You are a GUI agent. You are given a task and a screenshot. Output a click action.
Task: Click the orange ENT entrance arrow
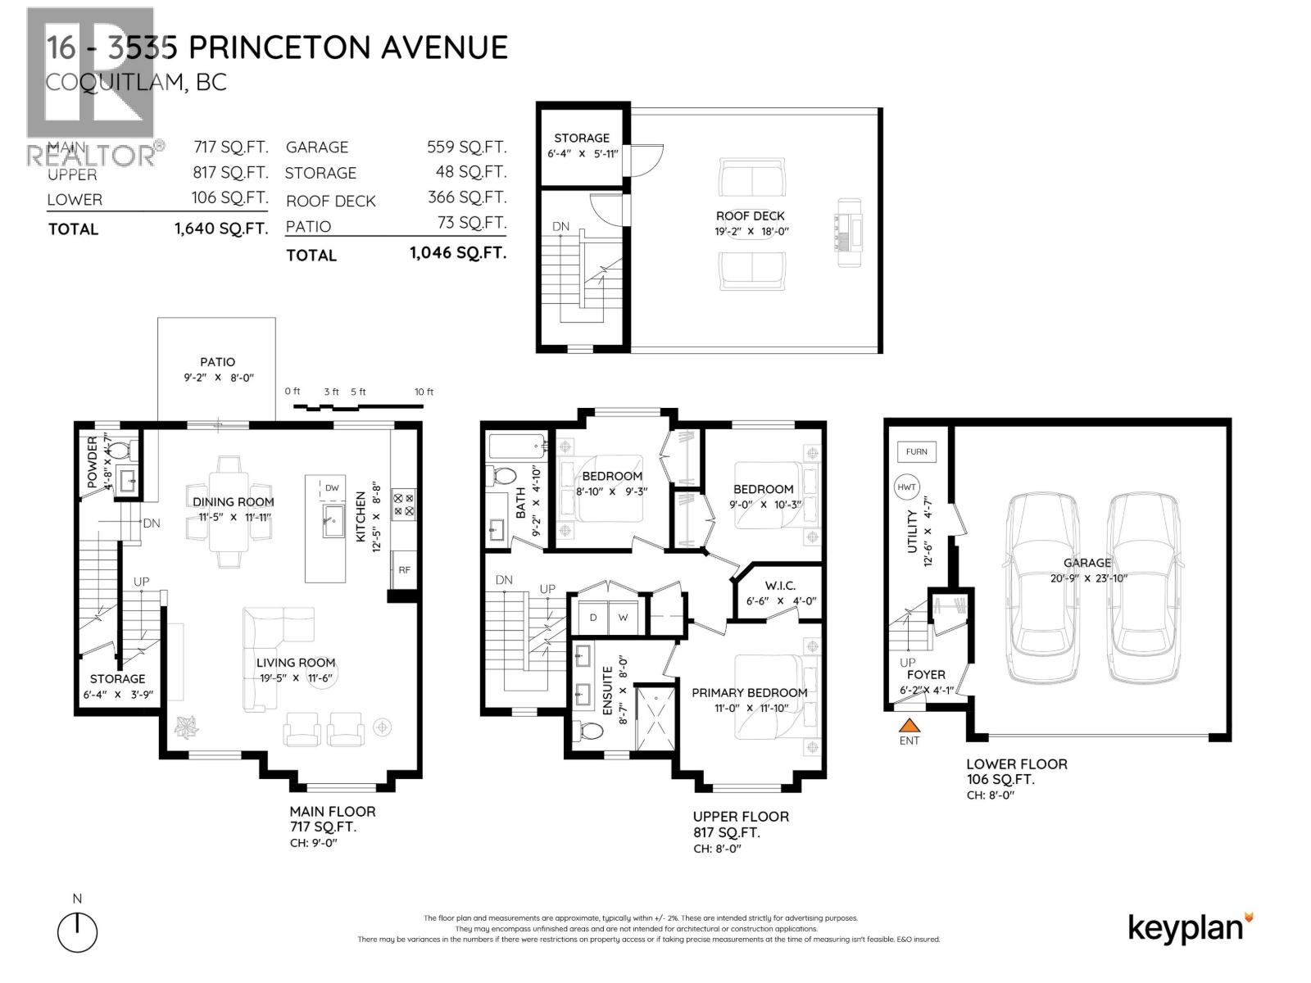[x=910, y=724]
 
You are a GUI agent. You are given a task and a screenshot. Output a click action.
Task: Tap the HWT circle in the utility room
[x=906, y=487]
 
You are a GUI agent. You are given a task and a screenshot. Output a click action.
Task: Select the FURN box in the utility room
[x=916, y=451]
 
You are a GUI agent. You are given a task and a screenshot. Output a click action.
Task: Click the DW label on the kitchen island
[x=332, y=488]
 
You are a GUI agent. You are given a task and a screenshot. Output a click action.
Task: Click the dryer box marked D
[x=593, y=618]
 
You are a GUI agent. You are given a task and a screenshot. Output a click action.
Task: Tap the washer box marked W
[x=623, y=618]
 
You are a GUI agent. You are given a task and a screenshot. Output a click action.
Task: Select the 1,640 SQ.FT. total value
[x=221, y=229]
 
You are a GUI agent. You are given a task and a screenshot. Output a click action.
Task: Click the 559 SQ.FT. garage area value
[x=466, y=147]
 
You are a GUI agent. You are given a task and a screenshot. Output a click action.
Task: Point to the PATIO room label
[x=217, y=361]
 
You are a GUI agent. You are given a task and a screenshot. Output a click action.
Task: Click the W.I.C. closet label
[x=780, y=585]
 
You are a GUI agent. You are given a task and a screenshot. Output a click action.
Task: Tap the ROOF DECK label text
[x=750, y=216]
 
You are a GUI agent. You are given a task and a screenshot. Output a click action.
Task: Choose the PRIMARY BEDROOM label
[x=749, y=692]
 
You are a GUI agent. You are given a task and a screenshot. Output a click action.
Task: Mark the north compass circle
[x=78, y=932]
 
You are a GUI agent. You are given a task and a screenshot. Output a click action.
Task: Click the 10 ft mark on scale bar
[x=424, y=392]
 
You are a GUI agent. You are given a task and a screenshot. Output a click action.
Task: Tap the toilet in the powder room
[x=120, y=450]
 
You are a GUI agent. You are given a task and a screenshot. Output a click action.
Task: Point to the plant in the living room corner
[x=186, y=726]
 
